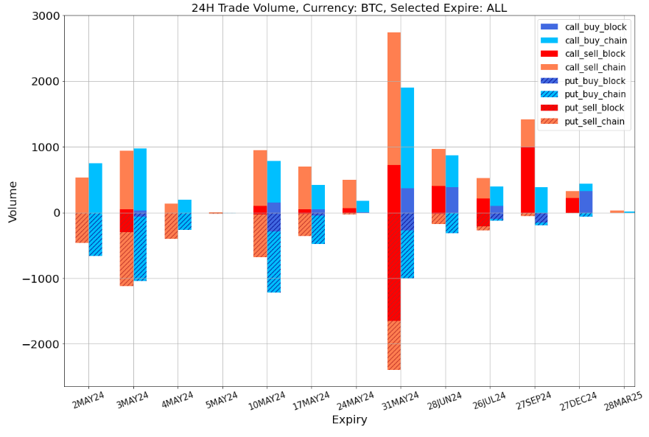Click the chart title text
[x=348, y=8]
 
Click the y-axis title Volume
[x=13, y=200]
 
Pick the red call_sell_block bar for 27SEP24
[x=527, y=180]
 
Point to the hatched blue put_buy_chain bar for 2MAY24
[x=96, y=234]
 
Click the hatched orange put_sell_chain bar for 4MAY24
[x=171, y=226]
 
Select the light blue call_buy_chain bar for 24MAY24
[x=362, y=206]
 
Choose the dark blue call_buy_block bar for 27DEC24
[x=586, y=202]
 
